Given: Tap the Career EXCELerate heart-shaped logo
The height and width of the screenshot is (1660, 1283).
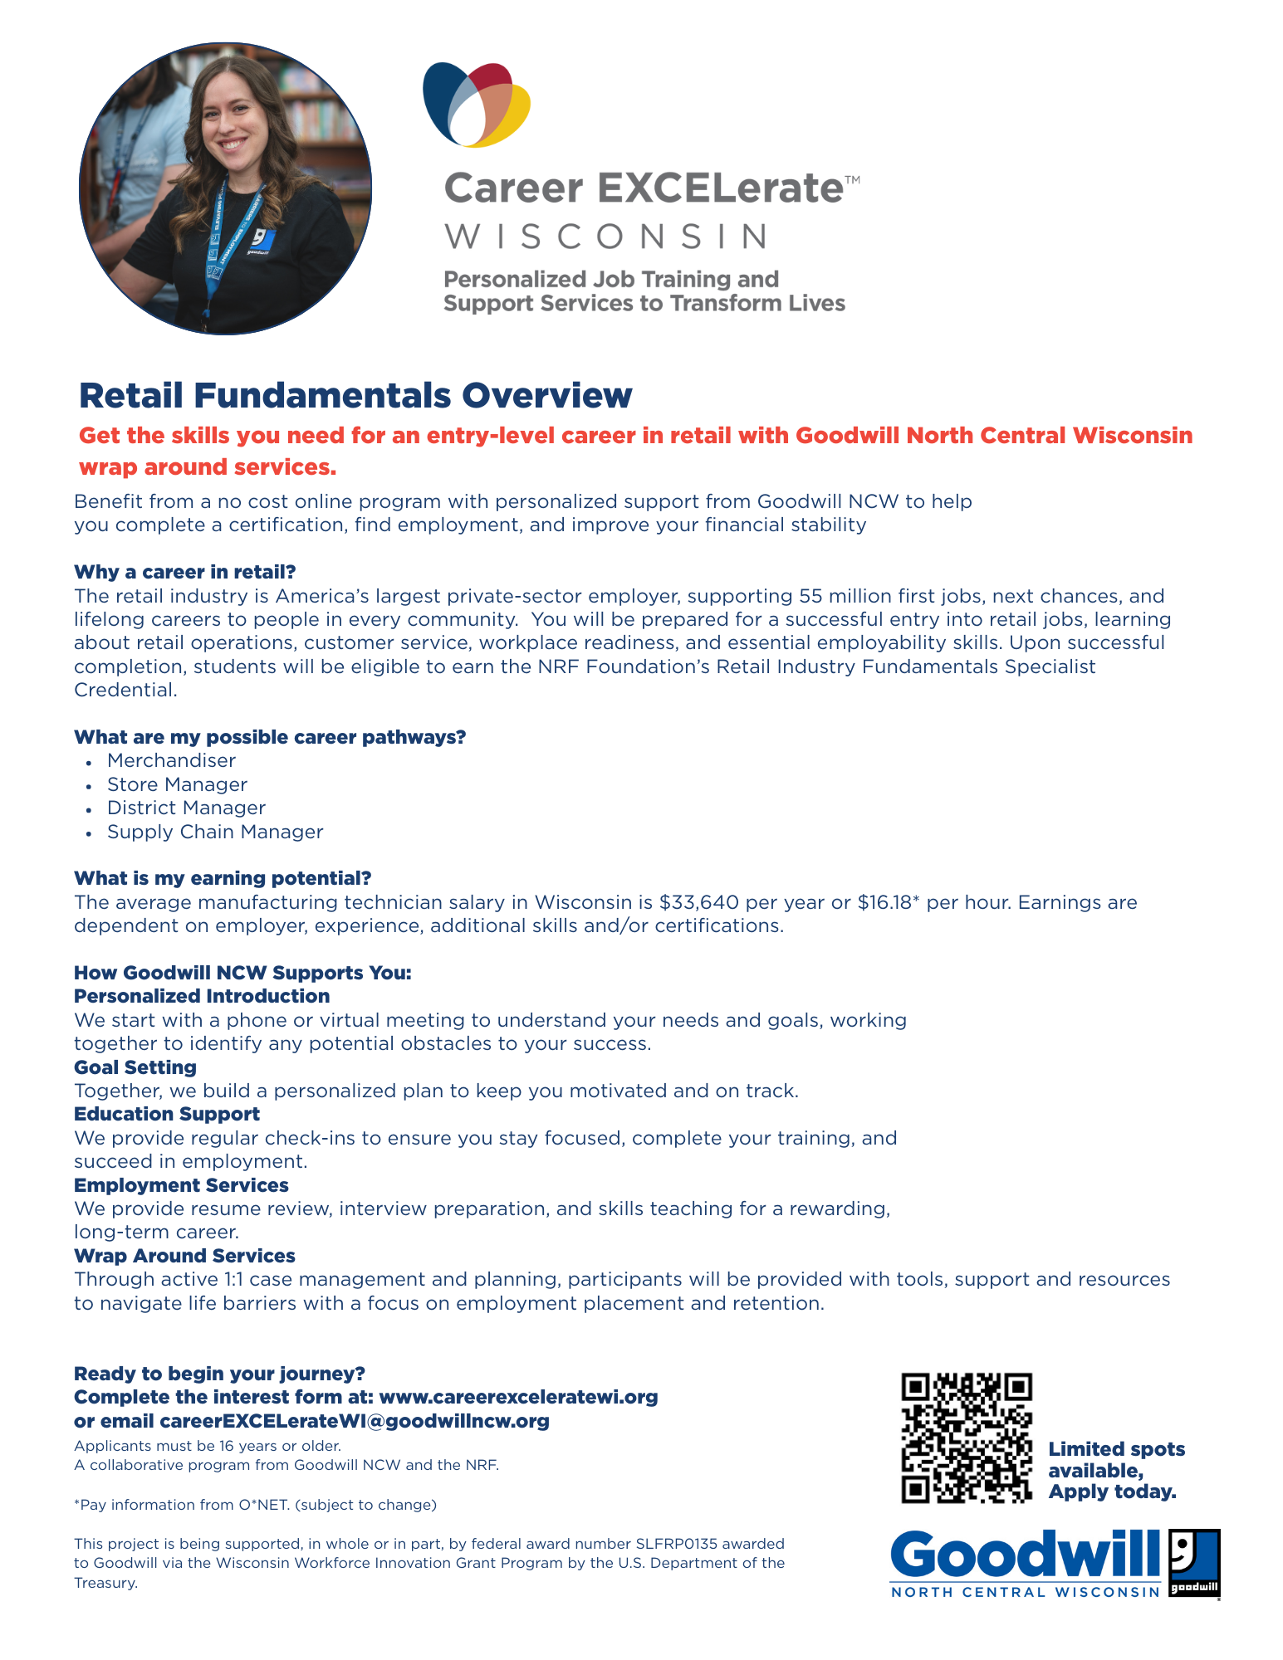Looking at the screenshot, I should pos(477,105).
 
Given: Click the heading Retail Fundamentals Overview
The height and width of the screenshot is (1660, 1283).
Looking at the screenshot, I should pos(355,396).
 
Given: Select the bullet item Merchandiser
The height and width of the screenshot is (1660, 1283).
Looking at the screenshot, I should pos(171,760).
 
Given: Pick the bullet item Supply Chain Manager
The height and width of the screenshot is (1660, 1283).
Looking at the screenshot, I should pos(215,832).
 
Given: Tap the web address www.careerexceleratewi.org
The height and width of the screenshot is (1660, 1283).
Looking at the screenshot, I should pos(518,1397).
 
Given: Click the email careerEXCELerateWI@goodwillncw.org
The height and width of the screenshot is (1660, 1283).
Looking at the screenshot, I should pos(355,1421).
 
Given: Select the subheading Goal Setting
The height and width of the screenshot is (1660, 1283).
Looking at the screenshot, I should pos(135,1067).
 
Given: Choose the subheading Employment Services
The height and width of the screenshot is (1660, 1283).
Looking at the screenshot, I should pos(181,1185).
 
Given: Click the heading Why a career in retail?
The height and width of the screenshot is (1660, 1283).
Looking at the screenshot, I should pos(185,572).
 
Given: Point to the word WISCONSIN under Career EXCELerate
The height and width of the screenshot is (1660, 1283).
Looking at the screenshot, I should pos(606,237).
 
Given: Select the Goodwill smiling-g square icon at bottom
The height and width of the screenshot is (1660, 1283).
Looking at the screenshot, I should pos(1194,1563).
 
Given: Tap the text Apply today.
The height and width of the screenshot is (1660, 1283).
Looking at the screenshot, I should pos(1112,1492).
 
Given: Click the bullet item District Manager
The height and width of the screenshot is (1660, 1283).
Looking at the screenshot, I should pos(186,808).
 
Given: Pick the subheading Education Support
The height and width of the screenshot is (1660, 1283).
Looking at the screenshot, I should pos(167,1114).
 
